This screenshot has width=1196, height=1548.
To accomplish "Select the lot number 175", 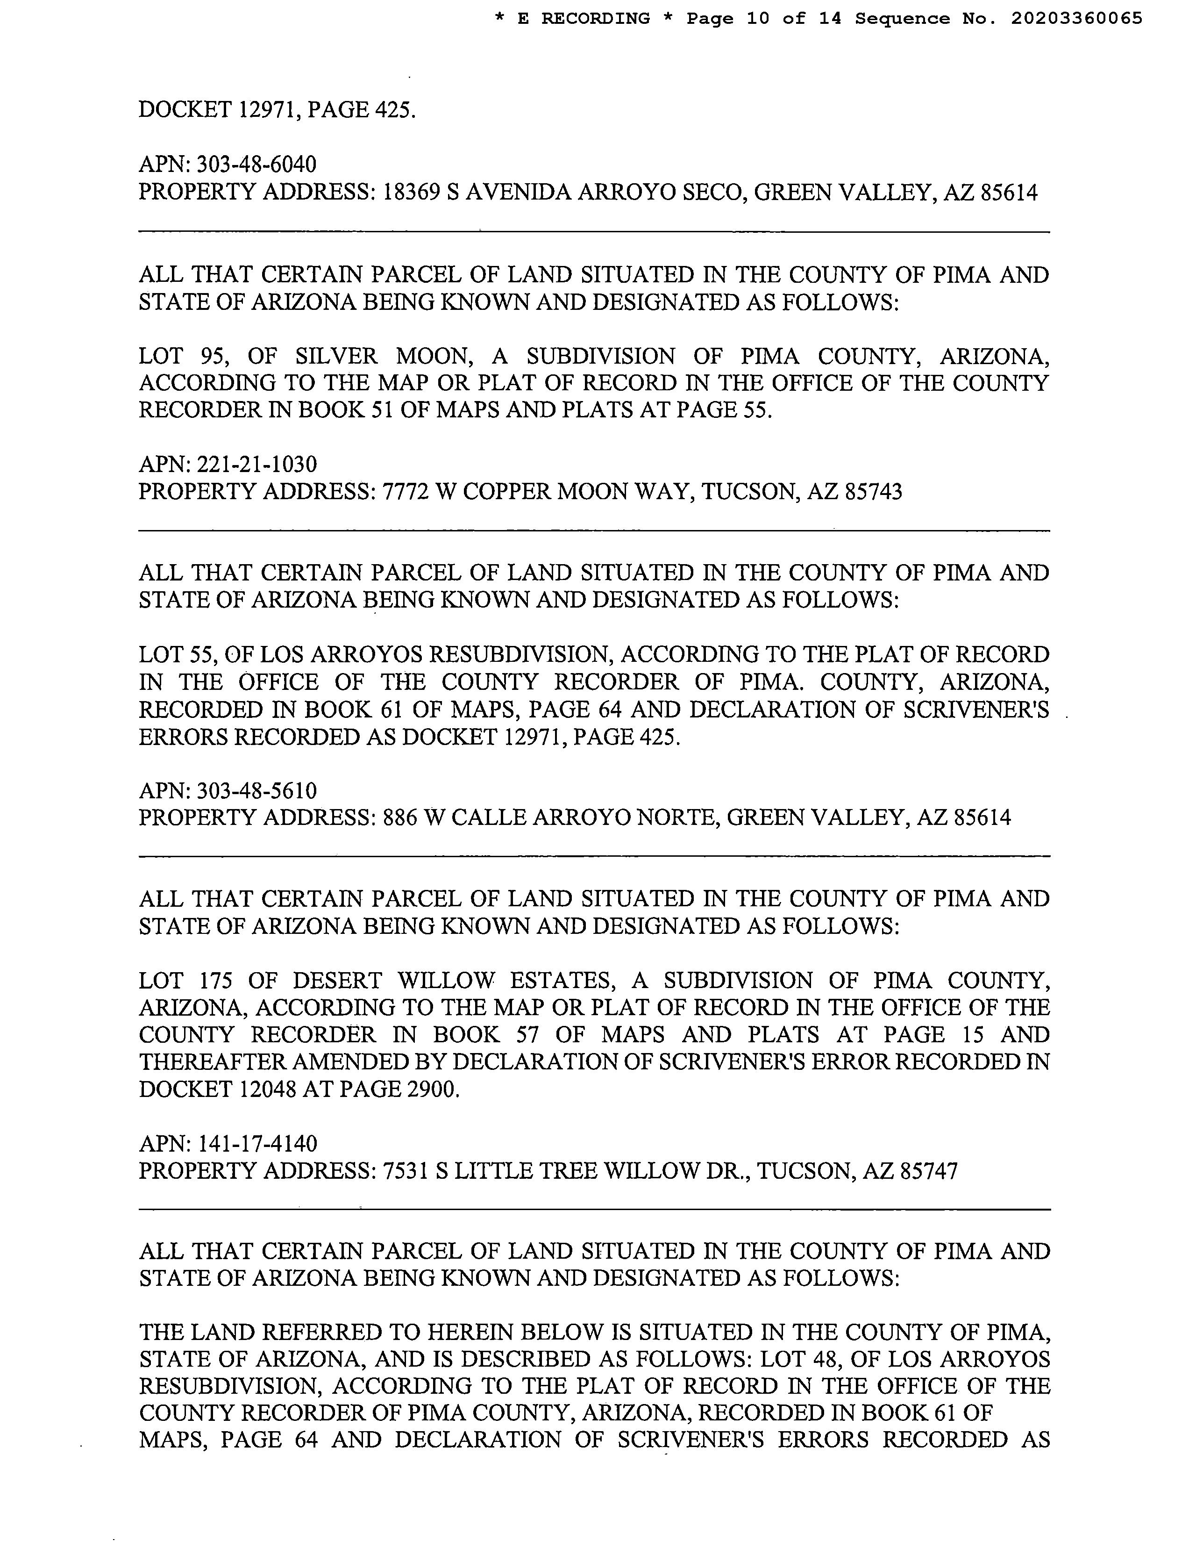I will tap(207, 981).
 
